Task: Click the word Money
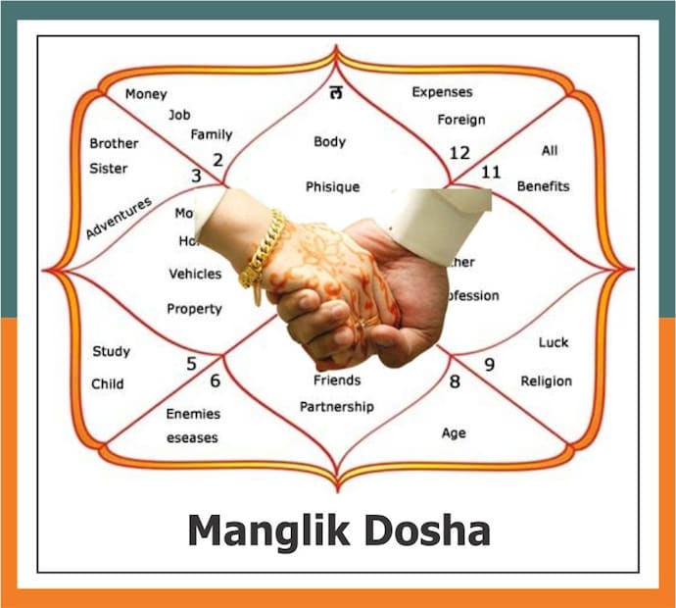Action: click(146, 94)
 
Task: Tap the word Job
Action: click(179, 115)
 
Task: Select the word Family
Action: click(212, 134)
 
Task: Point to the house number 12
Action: click(459, 153)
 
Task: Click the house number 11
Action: click(491, 173)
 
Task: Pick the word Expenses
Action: click(442, 92)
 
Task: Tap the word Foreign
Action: click(461, 121)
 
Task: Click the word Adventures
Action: click(119, 218)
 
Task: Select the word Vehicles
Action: click(195, 275)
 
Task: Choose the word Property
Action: click(194, 309)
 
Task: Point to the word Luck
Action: click(554, 343)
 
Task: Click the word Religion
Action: click(547, 381)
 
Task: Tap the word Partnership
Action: click(336, 407)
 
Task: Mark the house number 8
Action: click(455, 382)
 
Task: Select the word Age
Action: click(454, 433)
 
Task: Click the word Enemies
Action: click(193, 414)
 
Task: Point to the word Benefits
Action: click(543, 186)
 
